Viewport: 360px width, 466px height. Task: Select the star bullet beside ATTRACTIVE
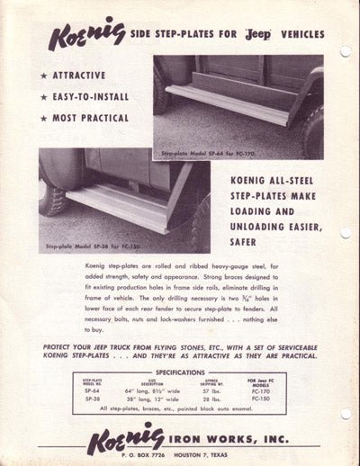click(44, 76)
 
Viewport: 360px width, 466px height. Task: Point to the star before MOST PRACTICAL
click(44, 118)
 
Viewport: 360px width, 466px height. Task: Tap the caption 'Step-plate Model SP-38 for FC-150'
click(88, 245)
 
